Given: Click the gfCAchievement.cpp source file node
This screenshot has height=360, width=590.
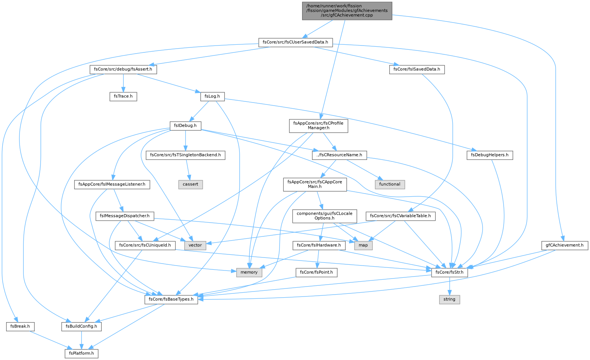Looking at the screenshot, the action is pyautogui.click(x=347, y=11).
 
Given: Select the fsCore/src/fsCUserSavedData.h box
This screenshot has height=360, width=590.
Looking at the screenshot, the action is pyautogui.click(x=295, y=42).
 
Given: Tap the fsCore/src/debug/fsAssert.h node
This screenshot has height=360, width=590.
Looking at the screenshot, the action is pyautogui.click(x=123, y=70).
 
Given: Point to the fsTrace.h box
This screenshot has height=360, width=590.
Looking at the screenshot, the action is pyautogui.click(x=123, y=96).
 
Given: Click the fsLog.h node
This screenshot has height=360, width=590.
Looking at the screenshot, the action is pyautogui.click(x=212, y=96).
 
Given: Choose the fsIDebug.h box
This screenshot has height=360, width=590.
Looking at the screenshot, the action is pyautogui.click(x=185, y=126).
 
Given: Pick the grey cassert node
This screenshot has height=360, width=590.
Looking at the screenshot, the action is pyautogui.click(x=190, y=184).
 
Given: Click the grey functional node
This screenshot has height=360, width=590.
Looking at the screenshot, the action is pyautogui.click(x=390, y=184).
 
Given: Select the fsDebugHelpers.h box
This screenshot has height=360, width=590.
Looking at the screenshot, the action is pyautogui.click(x=490, y=155).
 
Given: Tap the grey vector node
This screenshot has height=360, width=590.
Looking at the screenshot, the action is pyautogui.click(x=195, y=245).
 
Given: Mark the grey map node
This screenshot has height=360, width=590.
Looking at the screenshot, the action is pyautogui.click(x=363, y=245).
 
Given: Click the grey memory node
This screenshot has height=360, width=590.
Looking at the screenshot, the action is pyautogui.click(x=249, y=272).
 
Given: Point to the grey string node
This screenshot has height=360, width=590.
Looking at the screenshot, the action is pyautogui.click(x=449, y=300).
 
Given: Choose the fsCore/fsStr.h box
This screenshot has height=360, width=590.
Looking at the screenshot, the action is pyautogui.click(x=449, y=272).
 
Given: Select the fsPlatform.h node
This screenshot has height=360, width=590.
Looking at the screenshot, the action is pyautogui.click(x=81, y=353).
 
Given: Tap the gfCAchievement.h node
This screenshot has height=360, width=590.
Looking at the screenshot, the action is pyautogui.click(x=565, y=245).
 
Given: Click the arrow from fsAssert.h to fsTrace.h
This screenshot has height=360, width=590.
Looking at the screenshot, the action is pyautogui.click(x=123, y=83).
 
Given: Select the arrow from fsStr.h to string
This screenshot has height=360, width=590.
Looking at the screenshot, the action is pyautogui.click(x=449, y=286).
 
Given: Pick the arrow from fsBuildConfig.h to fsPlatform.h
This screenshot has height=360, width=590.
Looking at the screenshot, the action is pyautogui.click(x=81, y=340).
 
